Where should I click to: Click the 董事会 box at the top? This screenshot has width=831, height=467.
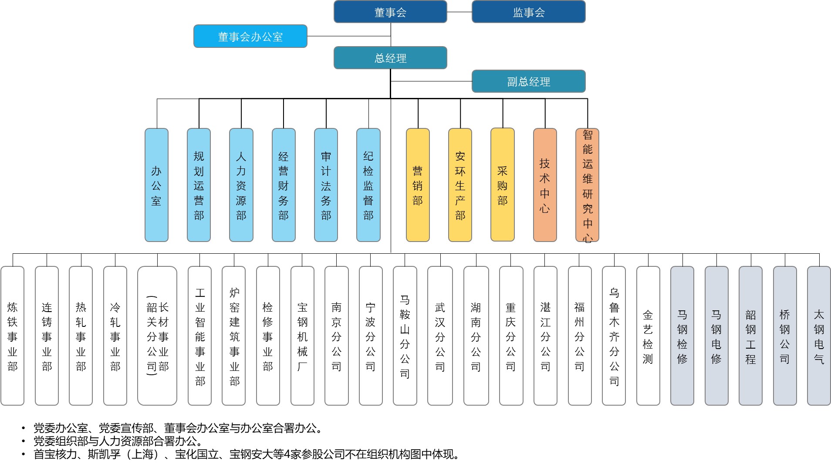pos(390,12)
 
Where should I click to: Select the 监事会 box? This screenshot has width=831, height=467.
pos(528,12)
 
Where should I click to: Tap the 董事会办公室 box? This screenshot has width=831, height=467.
pos(250,36)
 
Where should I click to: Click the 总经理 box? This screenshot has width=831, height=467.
pos(390,58)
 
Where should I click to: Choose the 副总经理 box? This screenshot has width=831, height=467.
pos(528,81)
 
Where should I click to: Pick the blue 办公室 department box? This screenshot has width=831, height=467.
pos(156,185)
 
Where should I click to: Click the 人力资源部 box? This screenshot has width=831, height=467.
pos(241,185)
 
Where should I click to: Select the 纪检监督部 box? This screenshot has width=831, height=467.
pos(368,185)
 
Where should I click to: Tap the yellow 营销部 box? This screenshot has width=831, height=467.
pos(418,185)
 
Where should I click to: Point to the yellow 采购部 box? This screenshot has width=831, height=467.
pos(503,185)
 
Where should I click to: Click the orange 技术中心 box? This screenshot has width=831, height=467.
pos(545,185)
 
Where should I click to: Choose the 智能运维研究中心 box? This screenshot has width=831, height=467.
pos(588,185)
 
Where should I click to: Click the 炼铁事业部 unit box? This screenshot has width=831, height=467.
pos(13,336)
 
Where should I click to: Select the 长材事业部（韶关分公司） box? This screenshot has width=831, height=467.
pos(157,336)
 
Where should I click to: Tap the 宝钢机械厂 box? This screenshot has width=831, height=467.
pos(302,336)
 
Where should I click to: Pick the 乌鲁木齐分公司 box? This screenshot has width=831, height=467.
pos(614,336)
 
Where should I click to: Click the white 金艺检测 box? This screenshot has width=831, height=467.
pos(648,336)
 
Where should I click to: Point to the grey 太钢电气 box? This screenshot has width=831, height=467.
pos(819,336)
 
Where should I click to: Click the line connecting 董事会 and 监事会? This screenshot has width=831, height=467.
pos(459,12)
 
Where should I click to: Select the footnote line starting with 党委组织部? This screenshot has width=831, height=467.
pos(118,441)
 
